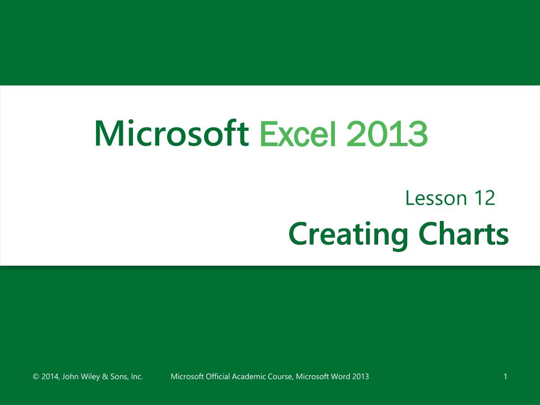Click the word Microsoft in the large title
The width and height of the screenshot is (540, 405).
pos(171,133)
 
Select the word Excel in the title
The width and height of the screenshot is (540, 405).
pos(297,133)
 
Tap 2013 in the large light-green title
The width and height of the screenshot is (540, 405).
pos(387,133)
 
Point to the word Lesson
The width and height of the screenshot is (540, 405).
pos(436,198)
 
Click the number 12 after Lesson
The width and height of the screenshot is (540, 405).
pos(484,198)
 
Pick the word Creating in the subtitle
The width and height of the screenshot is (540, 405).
pos(348,234)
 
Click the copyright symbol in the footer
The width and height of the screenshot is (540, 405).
pos(36,377)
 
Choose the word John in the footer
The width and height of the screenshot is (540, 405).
pos(70,377)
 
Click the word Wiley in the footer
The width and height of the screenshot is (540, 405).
pos(90,377)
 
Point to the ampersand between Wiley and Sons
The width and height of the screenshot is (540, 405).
pos(105,377)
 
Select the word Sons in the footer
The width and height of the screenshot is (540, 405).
pos(119,377)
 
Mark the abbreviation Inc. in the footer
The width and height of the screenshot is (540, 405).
pos(137,377)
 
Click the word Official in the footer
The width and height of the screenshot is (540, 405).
pos(218,377)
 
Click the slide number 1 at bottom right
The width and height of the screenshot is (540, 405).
pos(505,377)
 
